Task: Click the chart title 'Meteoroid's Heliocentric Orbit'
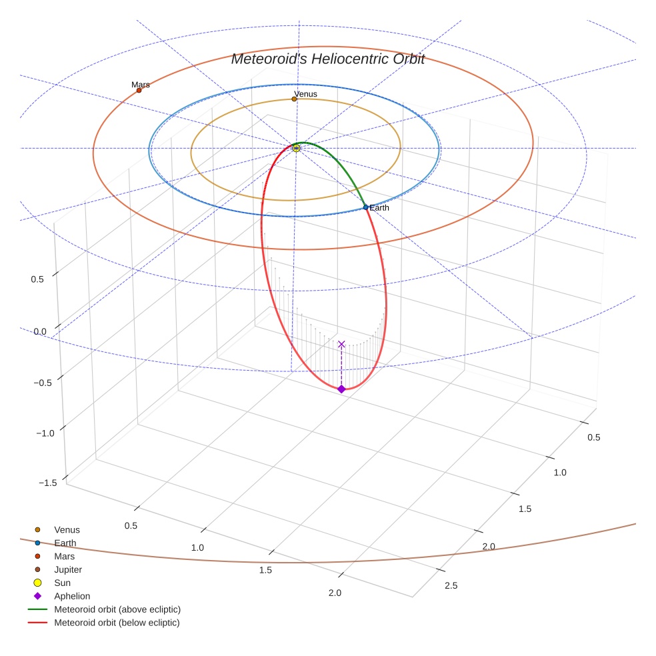[327, 59]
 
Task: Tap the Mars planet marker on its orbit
[139, 90]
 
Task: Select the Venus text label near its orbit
[305, 94]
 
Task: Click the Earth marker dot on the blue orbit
[365, 207]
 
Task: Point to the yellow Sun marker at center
[297, 148]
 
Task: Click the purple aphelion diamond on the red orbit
[341, 389]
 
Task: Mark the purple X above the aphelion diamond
[341, 344]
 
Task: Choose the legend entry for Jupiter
[68, 569]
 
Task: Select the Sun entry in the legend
[62, 583]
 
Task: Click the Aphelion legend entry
[72, 596]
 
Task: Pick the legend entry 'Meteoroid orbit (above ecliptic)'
[117, 609]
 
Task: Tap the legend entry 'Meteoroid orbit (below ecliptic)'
[117, 623]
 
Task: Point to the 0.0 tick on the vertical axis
[39, 331]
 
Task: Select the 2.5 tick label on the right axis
[451, 586]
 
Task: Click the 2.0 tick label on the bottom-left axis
[335, 593]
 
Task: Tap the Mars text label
[141, 85]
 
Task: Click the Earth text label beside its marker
[379, 208]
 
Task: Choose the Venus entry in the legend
[67, 529]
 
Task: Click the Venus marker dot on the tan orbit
[294, 99]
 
